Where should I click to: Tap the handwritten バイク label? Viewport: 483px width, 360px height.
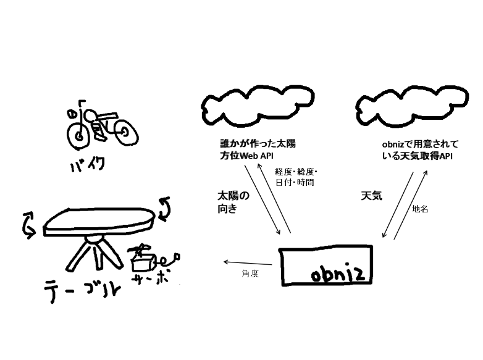pyautogui.click(x=88, y=164)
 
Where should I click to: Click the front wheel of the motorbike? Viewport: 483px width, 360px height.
pyautogui.click(x=79, y=136)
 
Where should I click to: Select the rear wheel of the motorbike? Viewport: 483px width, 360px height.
pyautogui.click(x=125, y=132)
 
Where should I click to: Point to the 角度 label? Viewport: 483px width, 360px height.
pyautogui.click(x=250, y=274)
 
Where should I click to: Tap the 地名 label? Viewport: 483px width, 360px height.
pyautogui.click(x=420, y=209)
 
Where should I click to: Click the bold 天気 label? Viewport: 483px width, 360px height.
pyautogui.click(x=371, y=196)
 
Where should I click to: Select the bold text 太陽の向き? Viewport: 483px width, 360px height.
pyautogui.click(x=233, y=202)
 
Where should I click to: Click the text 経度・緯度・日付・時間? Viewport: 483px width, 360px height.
pyautogui.click(x=296, y=177)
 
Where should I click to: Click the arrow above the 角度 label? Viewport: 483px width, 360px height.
pyautogui.click(x=248, y=263)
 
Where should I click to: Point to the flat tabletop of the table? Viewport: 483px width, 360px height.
pyautogui.click(x=99, y=220)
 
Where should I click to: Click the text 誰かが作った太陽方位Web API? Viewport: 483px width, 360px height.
pyautogui.click(x=258, y=149)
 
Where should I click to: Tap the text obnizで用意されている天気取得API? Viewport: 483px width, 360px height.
pyautogui.click(x=420, y=150)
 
